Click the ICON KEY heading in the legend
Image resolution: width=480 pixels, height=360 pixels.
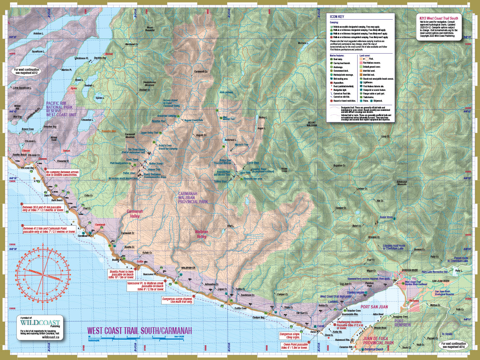coord(337,17)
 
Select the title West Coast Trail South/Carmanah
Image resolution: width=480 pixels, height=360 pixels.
coord(140,331)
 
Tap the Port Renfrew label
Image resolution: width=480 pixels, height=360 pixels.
coord(402,323)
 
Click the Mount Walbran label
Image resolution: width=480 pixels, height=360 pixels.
coord(312,124)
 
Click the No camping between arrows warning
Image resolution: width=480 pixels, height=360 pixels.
coord(64,173)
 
